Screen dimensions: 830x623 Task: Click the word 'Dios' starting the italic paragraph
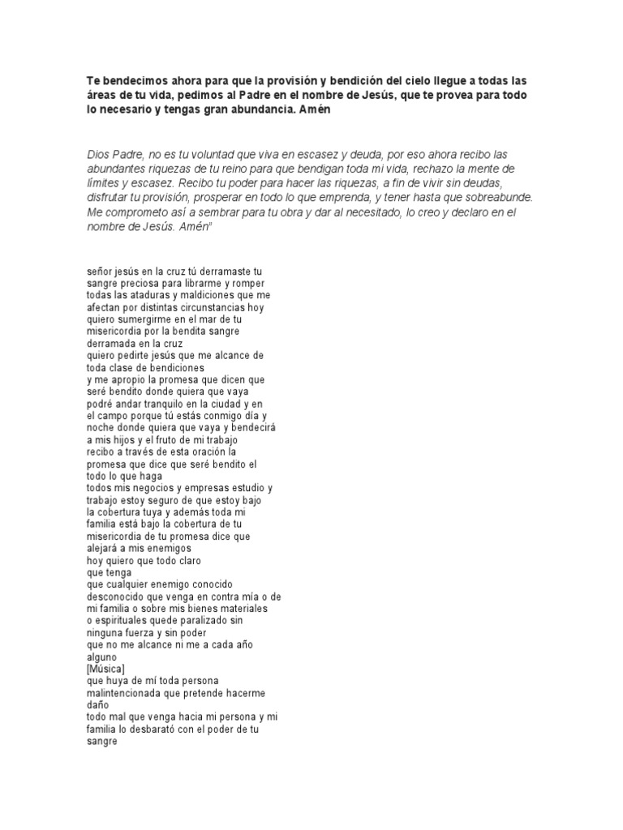pos(98,154)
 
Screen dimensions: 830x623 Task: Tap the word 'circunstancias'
pos(214,307)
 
